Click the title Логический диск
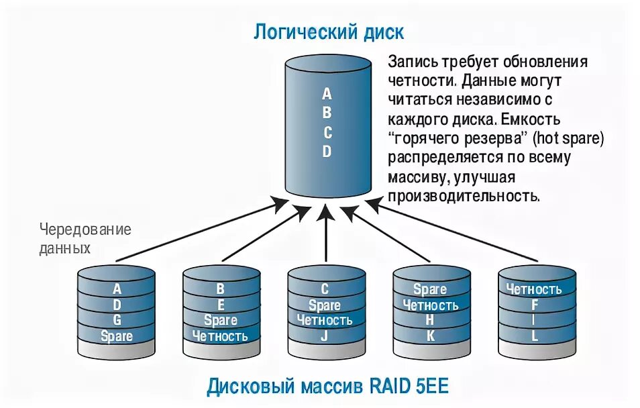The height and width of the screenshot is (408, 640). coord(328,32)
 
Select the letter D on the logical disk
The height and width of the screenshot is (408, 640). coord(327,152)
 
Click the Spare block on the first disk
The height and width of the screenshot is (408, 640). coord(117,336)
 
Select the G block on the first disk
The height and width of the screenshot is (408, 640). coord(117,320)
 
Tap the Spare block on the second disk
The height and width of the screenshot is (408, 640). coord(220,320)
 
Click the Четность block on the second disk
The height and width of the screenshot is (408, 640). coord(220,336)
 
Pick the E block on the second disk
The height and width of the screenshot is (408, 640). coord(220,305)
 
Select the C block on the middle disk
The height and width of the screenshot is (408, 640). coord(325,289)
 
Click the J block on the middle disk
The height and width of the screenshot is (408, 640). coord(325,336)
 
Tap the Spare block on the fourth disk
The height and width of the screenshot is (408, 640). coord(430,289)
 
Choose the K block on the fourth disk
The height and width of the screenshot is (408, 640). coord(430,336)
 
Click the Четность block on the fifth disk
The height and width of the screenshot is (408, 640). coord(534,289)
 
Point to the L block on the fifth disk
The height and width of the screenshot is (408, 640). coord(534,336)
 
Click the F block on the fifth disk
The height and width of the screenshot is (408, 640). coord(534,305)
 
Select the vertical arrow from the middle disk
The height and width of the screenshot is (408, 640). coord(325,235)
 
